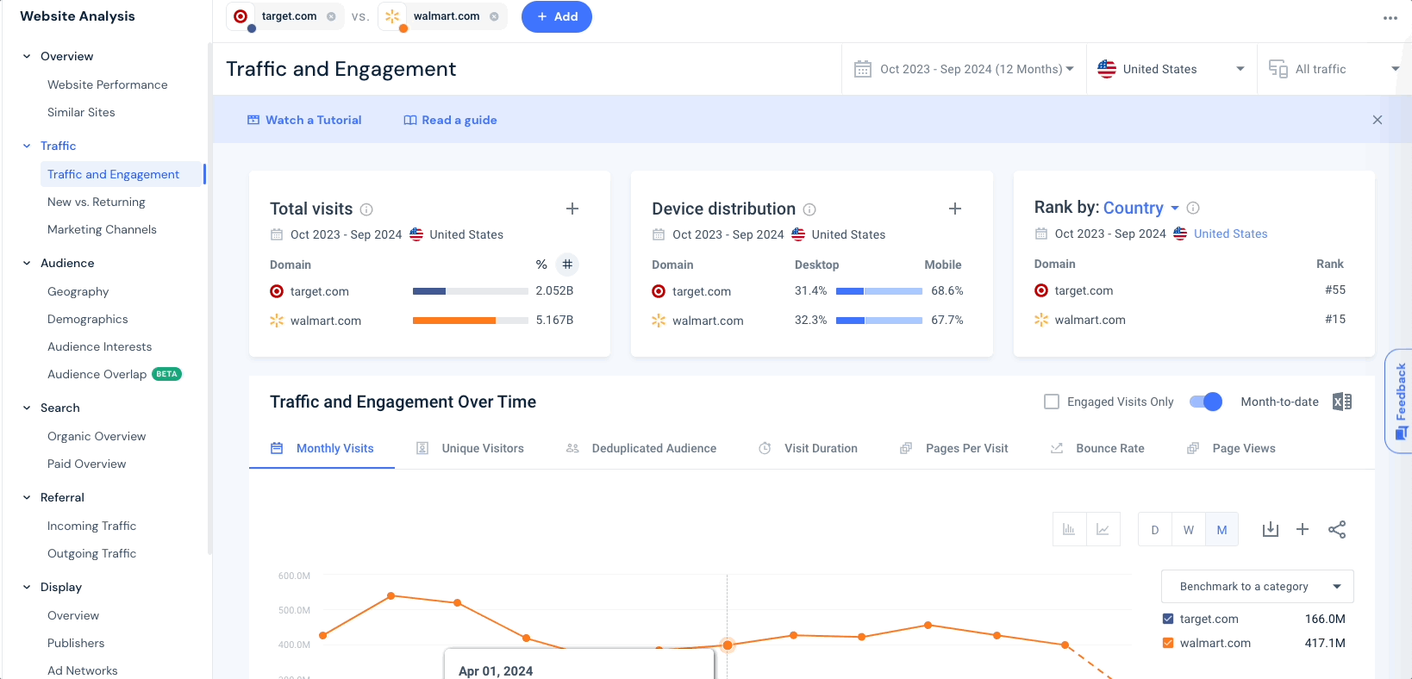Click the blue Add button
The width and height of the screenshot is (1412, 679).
click(556, 17)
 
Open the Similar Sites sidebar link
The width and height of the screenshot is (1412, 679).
click(81, 112)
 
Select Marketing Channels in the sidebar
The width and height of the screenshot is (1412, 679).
click(102, 229)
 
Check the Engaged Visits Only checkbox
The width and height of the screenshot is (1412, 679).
click(1052, 402)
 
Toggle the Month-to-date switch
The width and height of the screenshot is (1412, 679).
click(1205, 402)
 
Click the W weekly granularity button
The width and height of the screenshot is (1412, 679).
click(1188, 530)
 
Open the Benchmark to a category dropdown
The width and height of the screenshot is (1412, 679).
click(1257, 587)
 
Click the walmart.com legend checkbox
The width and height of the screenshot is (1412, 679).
click(1168, 643)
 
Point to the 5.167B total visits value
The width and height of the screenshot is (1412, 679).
click(555, 320)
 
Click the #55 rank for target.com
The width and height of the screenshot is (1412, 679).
click(1335, 290)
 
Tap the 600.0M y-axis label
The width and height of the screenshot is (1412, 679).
click(294, 576)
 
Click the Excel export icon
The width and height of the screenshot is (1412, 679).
click(1342, 402)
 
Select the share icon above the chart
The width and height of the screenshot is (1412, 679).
click(1337, 530)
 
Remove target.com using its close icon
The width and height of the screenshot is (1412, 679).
click(331, 16)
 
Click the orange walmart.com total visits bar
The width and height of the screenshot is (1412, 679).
click(453, 321)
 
